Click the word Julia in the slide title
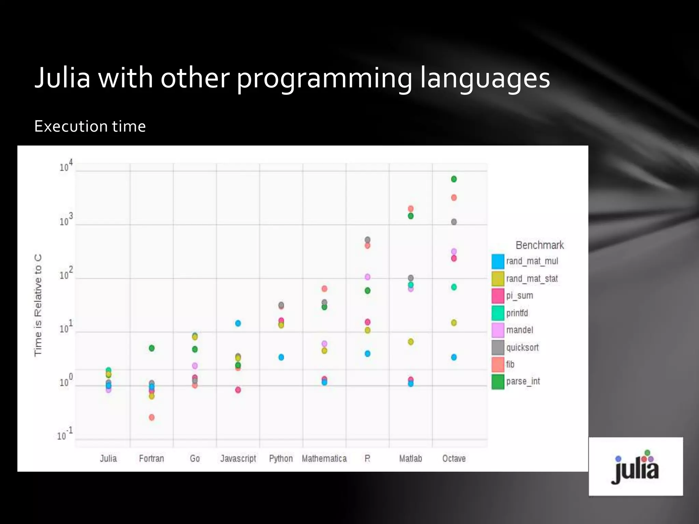pos(62,78)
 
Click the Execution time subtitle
pos(90,127)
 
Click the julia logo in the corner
pos(636,466)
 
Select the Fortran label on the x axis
pos(152,458)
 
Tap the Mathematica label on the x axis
pos(324,458)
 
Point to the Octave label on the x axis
pos(454,458)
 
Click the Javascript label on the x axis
pos(238,458)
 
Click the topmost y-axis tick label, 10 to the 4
pos(66,166)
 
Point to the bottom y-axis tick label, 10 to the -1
pos(65,435)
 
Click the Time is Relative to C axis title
pos(38,305)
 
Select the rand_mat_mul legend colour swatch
pos(498,261)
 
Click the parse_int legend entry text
pos(523,381)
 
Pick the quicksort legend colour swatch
pos(498,347)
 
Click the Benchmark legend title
pos(540,245)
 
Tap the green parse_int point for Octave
pos(454,179)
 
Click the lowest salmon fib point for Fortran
pos(152,417)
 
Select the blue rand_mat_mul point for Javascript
pos(238,323)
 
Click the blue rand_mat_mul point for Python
pos(281,357)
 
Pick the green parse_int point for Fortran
pos(152,348)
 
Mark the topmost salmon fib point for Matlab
pos(411,209)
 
